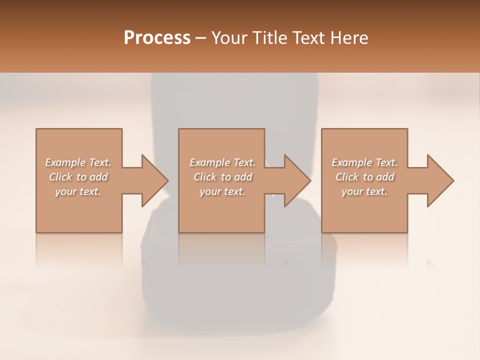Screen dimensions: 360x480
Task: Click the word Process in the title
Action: tap(157, 38)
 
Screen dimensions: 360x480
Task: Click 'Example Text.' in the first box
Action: tap(78, 162)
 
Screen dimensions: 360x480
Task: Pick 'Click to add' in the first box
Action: tap(78, 177)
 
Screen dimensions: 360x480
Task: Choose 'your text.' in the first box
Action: tap(78, 191)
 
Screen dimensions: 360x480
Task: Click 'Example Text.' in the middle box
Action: tap(222, 162)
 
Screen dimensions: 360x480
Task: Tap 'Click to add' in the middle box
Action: tap(222, 177)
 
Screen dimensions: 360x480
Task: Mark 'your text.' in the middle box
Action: tap(222, 191)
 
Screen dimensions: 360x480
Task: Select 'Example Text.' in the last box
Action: tap(364, 162)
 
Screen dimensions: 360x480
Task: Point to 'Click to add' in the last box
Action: tap(364, 177)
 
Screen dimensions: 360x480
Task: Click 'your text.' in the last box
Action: tap(364, 191)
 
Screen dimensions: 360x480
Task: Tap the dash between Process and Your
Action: tap(201, 38)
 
